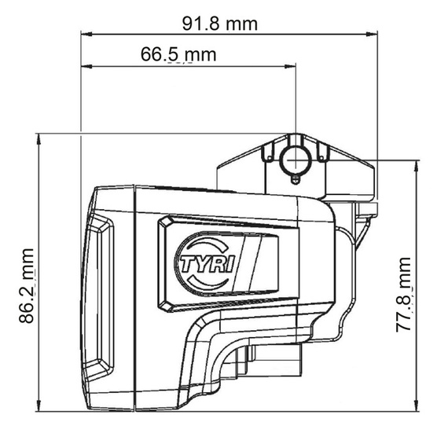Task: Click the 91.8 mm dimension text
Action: [x=220, y=23]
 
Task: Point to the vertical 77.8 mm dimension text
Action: [x=405, y=294]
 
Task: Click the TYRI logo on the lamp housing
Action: [x=206, y=265]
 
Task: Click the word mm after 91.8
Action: [x=241, y=23]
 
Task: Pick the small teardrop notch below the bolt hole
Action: [x=295, y=182]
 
